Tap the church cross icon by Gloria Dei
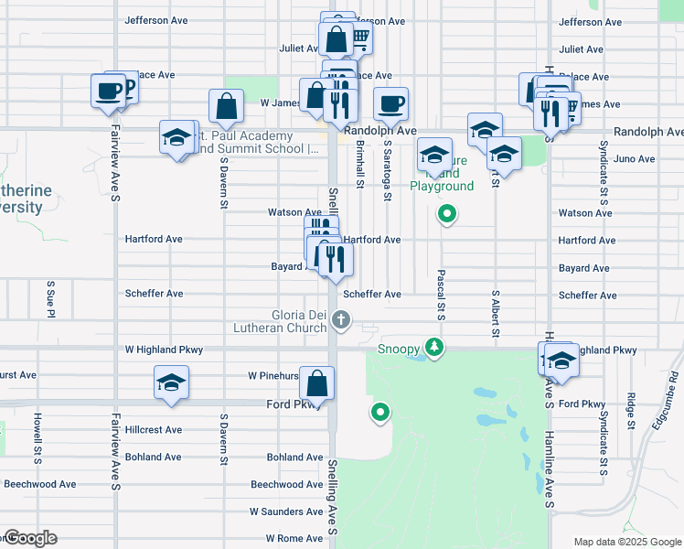pyautogui.click(x=341, y=320)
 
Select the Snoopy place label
pyautogui.click(x=399, y=349)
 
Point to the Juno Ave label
pyautogui.click(x=635, y=158)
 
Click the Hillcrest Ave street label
pyautogui.click(x=154, y=429)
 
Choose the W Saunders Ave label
pyautogui.click(x=286, y=511)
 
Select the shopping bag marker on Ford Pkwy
pyautogui.click(x=316, y=382)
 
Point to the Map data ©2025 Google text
pyautogui.click(x=626, y=542)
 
